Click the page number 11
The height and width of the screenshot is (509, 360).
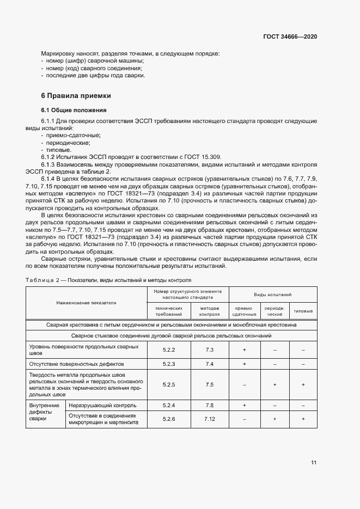point(314,463)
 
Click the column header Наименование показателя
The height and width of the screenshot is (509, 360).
point(86,302)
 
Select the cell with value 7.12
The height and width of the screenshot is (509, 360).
point(210,419)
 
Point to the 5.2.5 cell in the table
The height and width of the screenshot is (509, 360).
point(168,384)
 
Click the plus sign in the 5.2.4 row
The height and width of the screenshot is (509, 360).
point(244,406)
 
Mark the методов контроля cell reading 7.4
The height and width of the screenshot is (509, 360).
point(210,363)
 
